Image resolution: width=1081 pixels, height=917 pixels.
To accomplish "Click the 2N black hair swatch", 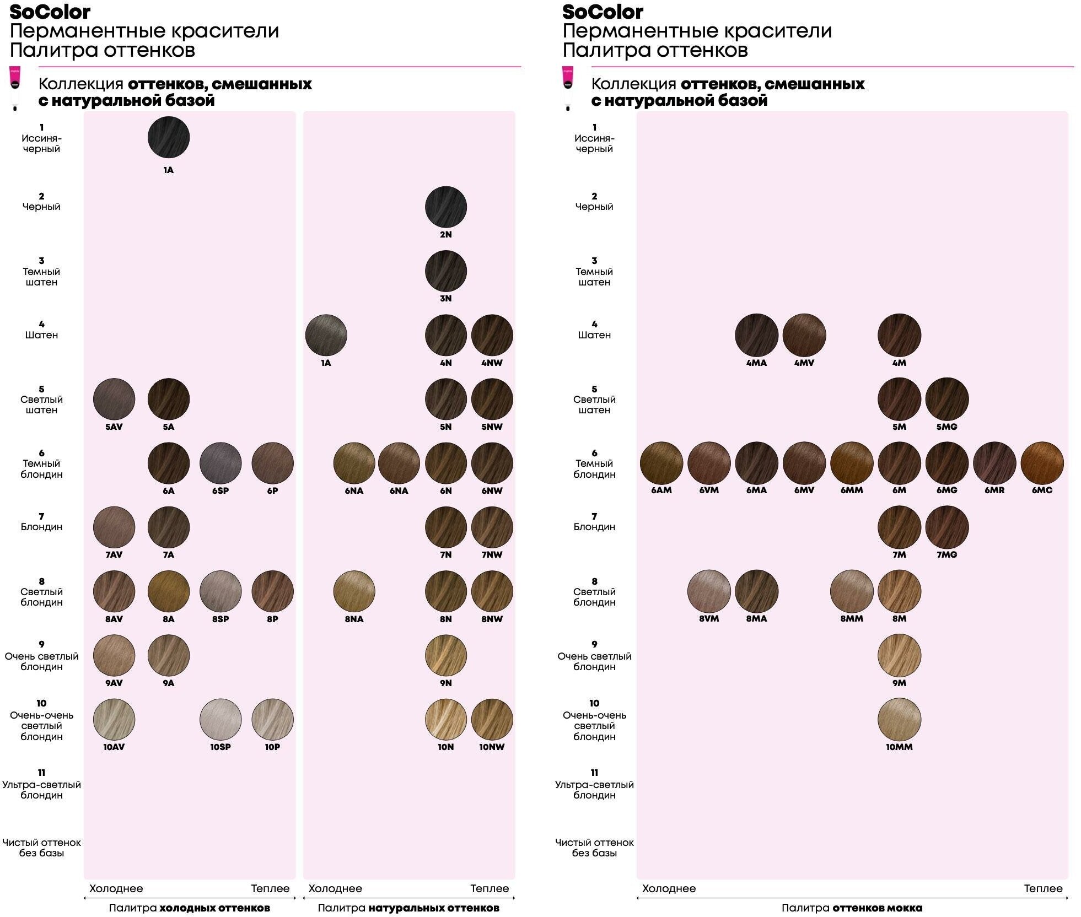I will pos(445,207).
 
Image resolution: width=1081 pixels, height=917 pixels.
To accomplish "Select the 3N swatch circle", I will pos(445,271).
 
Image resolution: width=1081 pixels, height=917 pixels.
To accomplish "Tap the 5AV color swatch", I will pos(114,399).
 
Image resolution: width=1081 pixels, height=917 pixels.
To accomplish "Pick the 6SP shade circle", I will pos(220,463).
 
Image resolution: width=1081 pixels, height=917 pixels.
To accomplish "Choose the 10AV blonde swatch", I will pos(114,719).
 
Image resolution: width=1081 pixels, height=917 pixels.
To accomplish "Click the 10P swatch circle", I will pos(272,719).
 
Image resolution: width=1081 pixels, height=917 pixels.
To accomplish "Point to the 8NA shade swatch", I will pos(354,591).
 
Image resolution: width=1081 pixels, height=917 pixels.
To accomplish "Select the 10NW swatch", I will pos(492,719).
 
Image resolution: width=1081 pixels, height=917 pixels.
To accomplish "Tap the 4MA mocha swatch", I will pos(756,335).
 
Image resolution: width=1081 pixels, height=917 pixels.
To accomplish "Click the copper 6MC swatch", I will pos(1042,463).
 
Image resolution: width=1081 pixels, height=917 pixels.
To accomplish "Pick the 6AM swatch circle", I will pos(661,463).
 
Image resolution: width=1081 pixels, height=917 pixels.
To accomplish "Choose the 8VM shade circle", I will pos(709,591).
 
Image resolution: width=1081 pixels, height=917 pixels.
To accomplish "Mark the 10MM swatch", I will pos(899,719).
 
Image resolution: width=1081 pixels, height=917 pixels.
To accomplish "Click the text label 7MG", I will pos(946,554).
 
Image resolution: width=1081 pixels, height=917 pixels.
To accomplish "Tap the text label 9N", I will pos(445,683).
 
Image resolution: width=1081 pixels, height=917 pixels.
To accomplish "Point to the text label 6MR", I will pos(994,490).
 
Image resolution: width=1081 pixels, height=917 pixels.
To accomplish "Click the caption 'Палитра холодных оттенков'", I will pos(189,908).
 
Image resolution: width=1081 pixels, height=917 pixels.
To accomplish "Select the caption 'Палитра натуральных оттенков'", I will pos(408,908).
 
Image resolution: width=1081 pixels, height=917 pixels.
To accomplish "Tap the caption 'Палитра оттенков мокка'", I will pos(852,908).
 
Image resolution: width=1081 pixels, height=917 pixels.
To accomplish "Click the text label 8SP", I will pos(220,619).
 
